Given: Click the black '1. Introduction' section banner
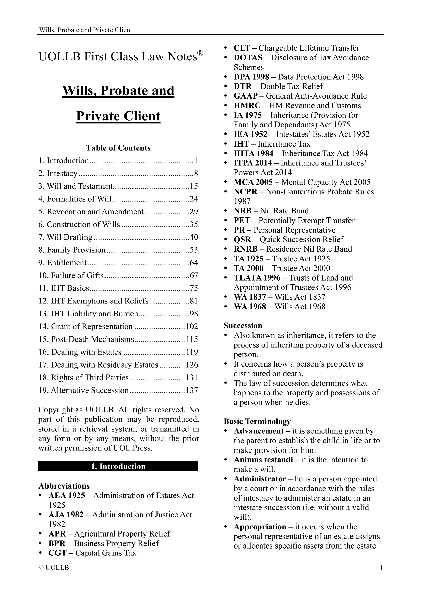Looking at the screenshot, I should coord(118,466).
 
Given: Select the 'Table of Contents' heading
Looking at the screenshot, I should coord(118,148).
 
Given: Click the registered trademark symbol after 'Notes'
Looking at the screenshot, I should coord(200,53).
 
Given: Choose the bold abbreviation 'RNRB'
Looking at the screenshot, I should coord(245,249).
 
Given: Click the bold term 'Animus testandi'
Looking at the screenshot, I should coord(263,460).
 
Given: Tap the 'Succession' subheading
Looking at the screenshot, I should coord(243,325).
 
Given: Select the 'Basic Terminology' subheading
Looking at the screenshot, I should coord(257,421).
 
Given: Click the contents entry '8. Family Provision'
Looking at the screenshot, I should coord(72,250).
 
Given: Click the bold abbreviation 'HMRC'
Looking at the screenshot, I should coord(247,106).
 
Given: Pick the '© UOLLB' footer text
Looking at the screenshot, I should coord(54,567).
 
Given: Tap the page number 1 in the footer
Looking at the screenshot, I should coord(381,568).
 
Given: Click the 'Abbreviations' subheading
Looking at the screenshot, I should coord(64,486).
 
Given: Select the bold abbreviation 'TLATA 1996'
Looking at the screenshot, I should coord(257,278).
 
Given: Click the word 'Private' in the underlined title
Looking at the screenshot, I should coord(98,116).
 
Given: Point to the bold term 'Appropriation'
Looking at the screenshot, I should coord(260,527).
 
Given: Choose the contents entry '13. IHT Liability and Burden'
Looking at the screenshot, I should coord(88,314).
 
